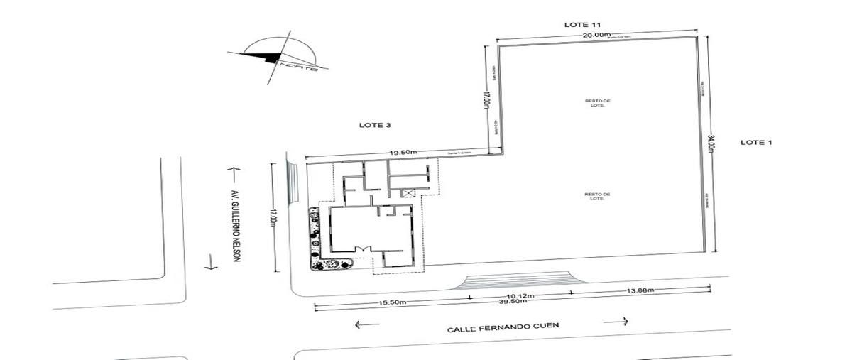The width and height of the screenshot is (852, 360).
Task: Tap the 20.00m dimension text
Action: point(596,35)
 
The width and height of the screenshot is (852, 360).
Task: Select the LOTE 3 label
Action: point(376,125)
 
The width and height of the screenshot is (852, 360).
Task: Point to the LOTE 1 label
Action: point(756,143)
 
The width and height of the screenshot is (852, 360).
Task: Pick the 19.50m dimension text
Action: point(403,153)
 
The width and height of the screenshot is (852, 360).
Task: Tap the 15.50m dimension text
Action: point(392,302)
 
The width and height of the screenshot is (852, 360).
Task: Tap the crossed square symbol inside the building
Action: point(408,192)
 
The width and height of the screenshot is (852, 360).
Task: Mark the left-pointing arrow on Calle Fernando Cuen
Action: point(366,325)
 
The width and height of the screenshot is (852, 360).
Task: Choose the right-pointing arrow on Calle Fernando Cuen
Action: point(616,321)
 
